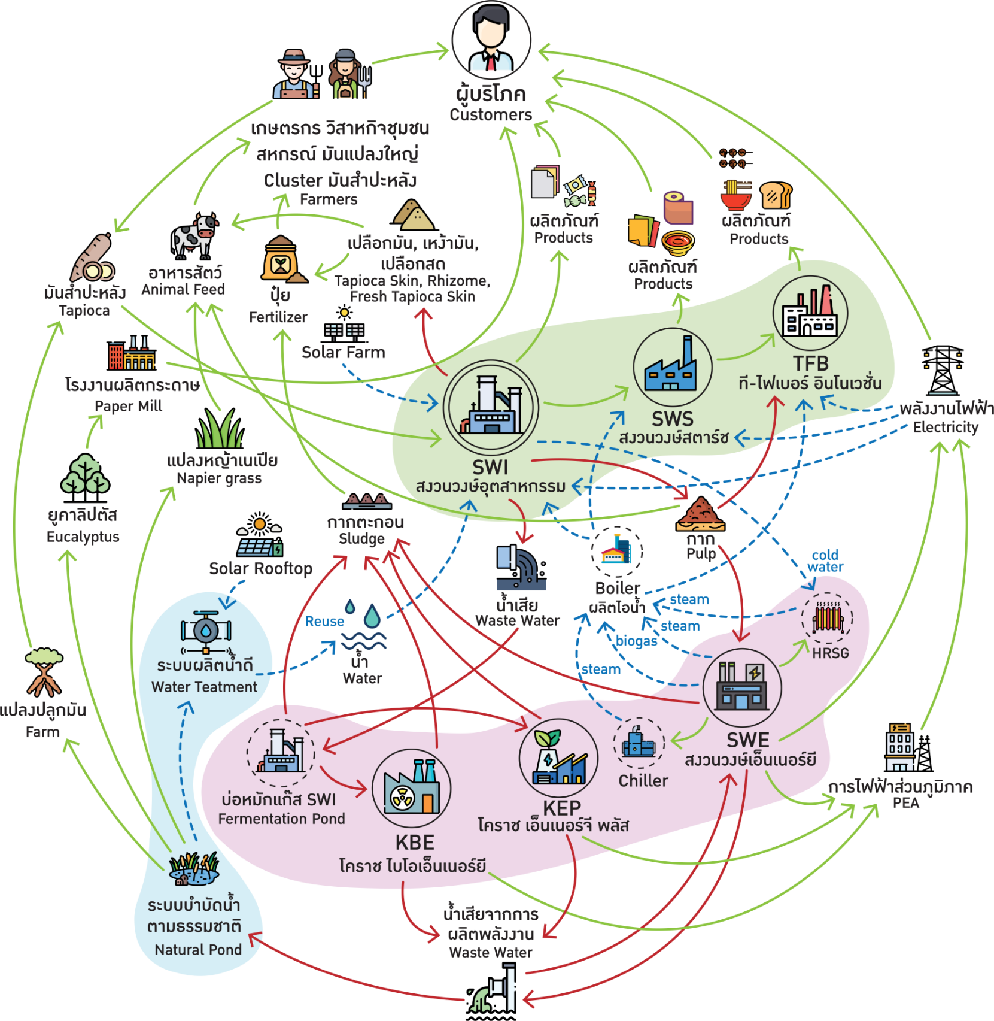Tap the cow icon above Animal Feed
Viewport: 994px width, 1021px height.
195,235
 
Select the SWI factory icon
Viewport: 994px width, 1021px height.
491,407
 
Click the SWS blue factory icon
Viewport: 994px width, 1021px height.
671,366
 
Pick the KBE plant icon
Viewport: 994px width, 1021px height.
412,787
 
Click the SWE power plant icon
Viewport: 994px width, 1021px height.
742,687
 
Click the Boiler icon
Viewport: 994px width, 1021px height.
617,552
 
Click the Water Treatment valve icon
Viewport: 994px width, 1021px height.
206,632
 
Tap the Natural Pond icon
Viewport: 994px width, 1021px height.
193,869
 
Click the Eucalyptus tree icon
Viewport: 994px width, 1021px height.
85,474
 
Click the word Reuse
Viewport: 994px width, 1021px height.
324,621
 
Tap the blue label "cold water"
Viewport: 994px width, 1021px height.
825,561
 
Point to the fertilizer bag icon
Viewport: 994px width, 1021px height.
280,260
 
